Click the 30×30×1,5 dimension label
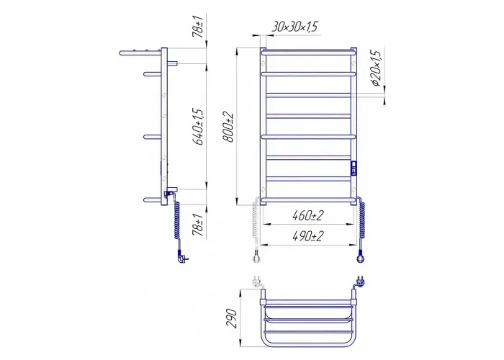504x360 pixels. pos(294,27)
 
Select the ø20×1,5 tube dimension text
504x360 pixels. pos(376,68)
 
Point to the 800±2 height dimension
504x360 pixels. pos(229,127)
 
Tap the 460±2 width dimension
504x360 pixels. pos(307,216)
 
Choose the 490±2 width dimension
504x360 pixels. pos(307,236)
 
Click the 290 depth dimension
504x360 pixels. pos(231,318)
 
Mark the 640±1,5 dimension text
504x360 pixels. pos(198,127)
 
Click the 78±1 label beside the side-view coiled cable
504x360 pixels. pos(198,225)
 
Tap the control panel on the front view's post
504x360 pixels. pos(354,168)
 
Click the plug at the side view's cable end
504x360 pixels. pos(181,257)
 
